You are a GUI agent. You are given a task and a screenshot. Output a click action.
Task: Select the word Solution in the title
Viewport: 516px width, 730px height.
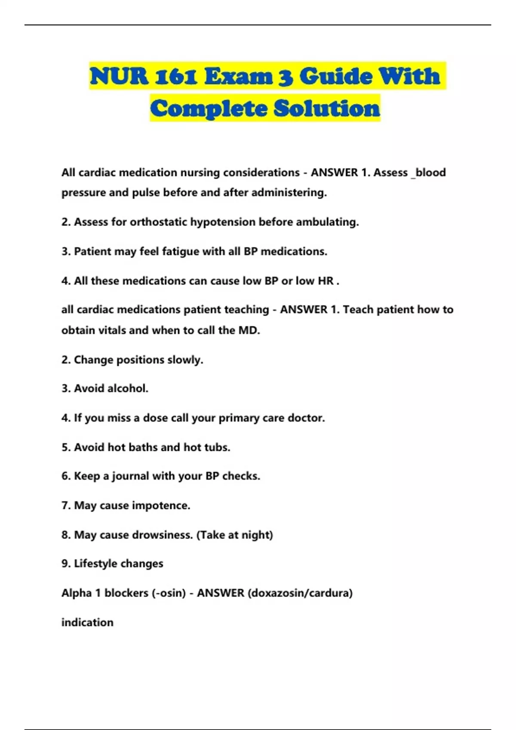pyautogui.click(x=327, y=108)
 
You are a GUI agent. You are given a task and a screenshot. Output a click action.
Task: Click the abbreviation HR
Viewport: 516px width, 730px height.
pyautogui.click(x=326, y=281)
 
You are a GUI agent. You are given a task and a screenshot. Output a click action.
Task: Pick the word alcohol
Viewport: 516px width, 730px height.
pyautogui.click(x=127, y=389)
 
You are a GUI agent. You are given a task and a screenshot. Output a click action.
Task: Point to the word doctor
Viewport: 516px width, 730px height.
pyautogui.click(x=306, y=418)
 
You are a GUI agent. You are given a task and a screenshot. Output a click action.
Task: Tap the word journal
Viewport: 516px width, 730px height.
pyautogui.click(x=130, y=476)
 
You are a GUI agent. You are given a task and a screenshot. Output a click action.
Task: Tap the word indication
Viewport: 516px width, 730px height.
pyautogui.click(x=87, y=623)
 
